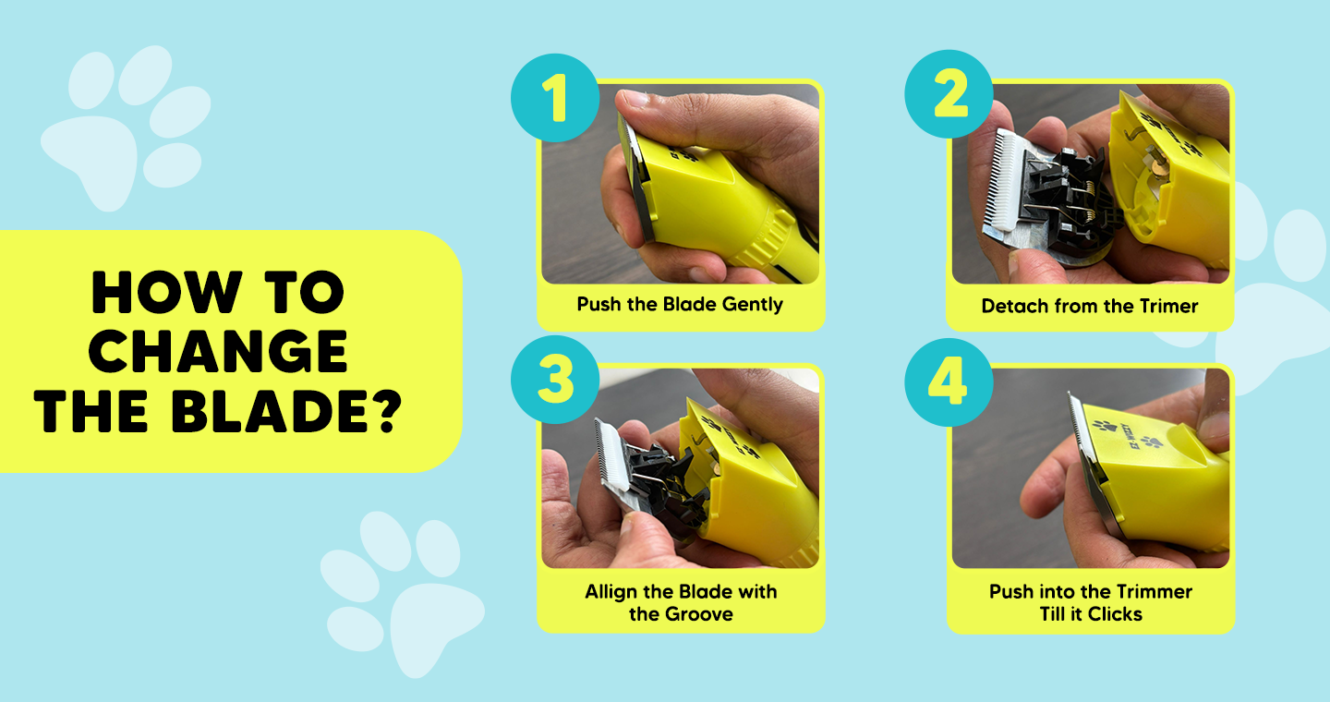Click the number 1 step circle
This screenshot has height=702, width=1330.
pyautogui.click(x=555, y=98)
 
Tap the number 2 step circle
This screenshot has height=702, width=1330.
pyautogui.click(x=949, y=94)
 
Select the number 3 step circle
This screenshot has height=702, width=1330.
pyautogui.click(x=555, y=380)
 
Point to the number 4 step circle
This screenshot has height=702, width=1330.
pyautogui.click(x=949, y=382)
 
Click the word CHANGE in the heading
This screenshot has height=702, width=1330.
pyautogui.click(x=218, y=352)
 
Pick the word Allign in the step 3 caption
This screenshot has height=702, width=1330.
pyautogui.click(x=612, y=592)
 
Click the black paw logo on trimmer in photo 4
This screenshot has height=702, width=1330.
pyautogui.click(x=1106, y=426)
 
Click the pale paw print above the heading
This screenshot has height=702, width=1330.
pyautogui.click(x=126, y=127)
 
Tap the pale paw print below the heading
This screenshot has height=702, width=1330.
pyautogui.click(x=403, y=594)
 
